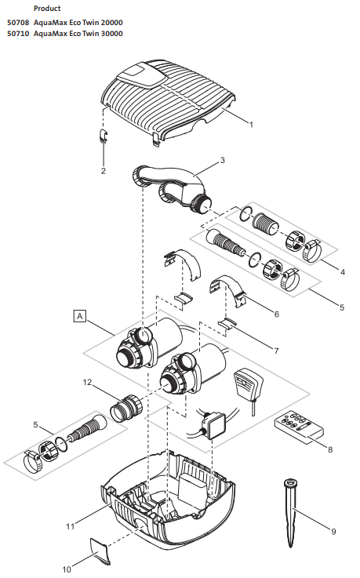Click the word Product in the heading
point(48,8)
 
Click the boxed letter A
point(78,316)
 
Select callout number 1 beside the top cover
point(250,125)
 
